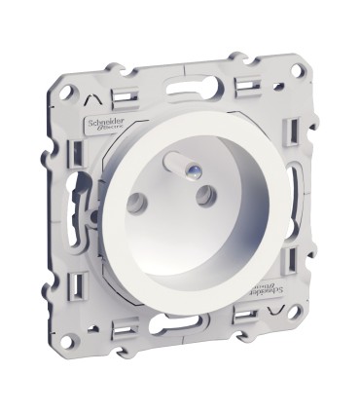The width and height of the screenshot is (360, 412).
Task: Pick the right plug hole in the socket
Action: click(x=206, y=195)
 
